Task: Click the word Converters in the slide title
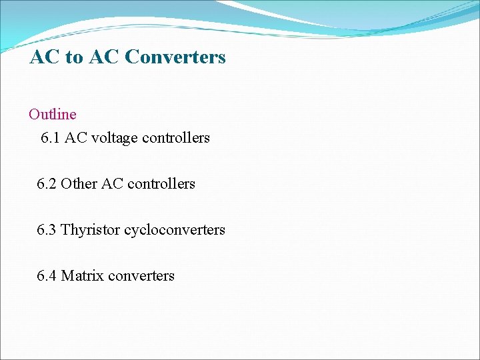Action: pos(175,57)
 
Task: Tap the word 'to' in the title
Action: pos(73,58)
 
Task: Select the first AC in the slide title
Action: pos(45,57)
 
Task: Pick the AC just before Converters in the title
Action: pos(102,57)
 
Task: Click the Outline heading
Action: pos(53,114)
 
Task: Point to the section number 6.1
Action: pos(51,138)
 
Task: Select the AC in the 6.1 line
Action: pos(75,138)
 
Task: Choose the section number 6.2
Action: pos(47,184)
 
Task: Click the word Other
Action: pos(79,184)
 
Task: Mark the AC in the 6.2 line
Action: pos(112,184)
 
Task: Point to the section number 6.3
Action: pos(47,230)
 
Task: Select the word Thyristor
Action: pos(90,230)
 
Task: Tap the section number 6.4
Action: pos(47,276)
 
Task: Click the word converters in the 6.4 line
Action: pos(141,276)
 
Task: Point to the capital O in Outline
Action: pos(34,114)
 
